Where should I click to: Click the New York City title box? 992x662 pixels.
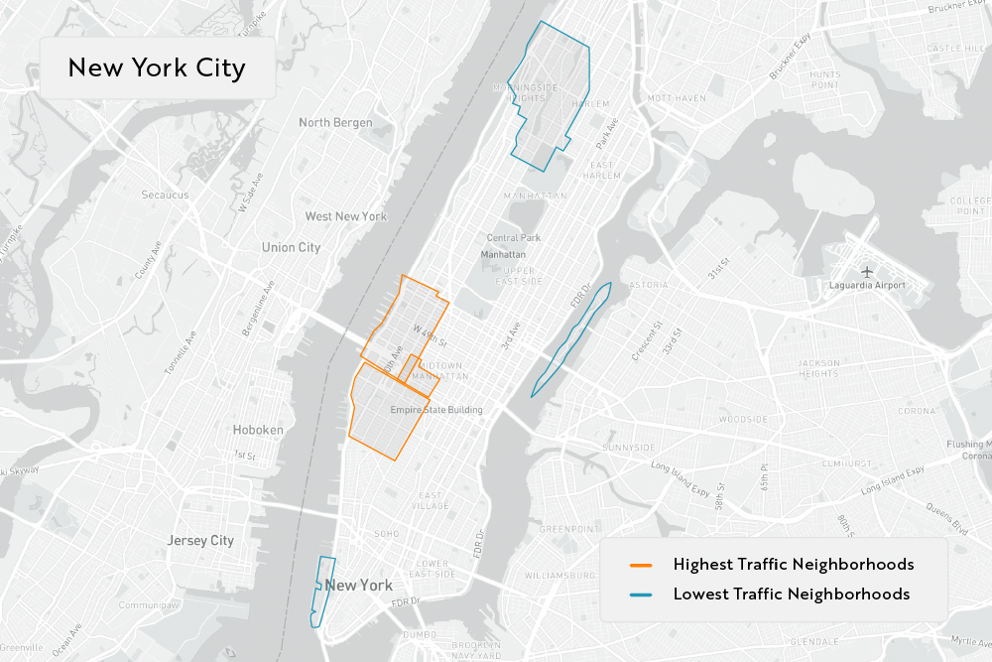(x=157, y=67)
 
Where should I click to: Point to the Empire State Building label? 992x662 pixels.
(x=436, y=410)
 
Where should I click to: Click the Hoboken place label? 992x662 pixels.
(x=258, y=430)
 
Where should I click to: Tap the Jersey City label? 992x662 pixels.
(x=200, y=541)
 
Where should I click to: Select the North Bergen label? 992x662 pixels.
(x=335, y=123)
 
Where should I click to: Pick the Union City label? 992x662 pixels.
(x=291, y=247)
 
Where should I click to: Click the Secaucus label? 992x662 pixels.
(x=165, y=195)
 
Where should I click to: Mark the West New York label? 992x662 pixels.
(x=346, y=216)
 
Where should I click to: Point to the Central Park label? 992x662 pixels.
(x=514, y=238)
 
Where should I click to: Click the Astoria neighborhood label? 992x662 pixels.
(x=649, y=285)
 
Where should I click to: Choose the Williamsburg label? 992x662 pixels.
(x=559, y=576)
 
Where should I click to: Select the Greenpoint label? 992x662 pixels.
(x=565, y=529)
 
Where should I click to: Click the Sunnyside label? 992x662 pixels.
(x=629, y=448)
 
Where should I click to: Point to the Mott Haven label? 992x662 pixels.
(x=676, y=98)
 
